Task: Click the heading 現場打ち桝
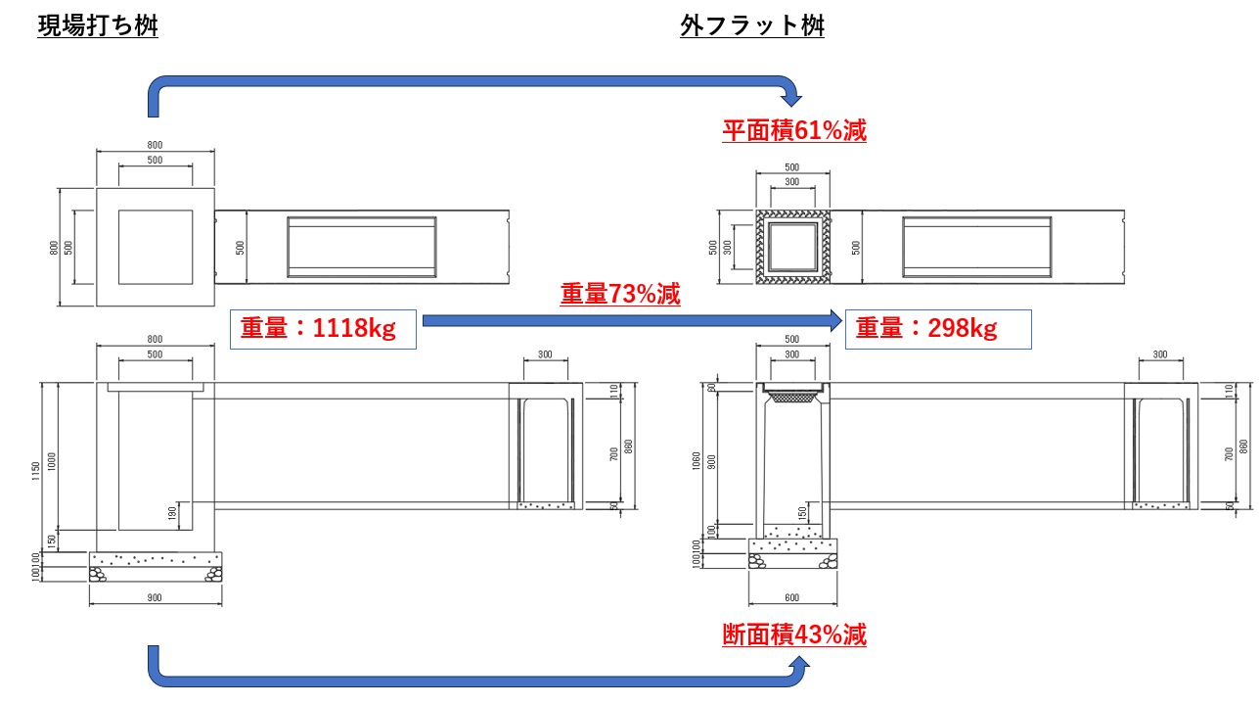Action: [x=98, y=26]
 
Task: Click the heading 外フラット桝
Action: [x=752, y=26]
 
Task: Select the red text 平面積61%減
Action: [x=794, y=130]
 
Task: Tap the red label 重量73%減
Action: [x=620, y=294]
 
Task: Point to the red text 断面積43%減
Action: [x=794, y=635]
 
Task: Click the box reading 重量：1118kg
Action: [x=323, y=330]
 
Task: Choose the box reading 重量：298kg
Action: [x=937, y=330]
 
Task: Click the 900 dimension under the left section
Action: [x=155, y=597]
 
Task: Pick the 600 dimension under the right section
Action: [x=791, y=597]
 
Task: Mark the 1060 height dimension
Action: [x=696, y=460]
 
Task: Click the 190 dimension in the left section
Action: [x=173, y=512]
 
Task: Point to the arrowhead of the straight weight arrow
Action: [x=833, y=319]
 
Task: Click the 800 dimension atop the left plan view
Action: [x=155, y=145]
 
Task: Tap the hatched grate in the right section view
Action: [x=791, y=396]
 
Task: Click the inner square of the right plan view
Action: [x=791, y=246]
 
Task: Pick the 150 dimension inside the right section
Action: [x=803, y=512]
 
